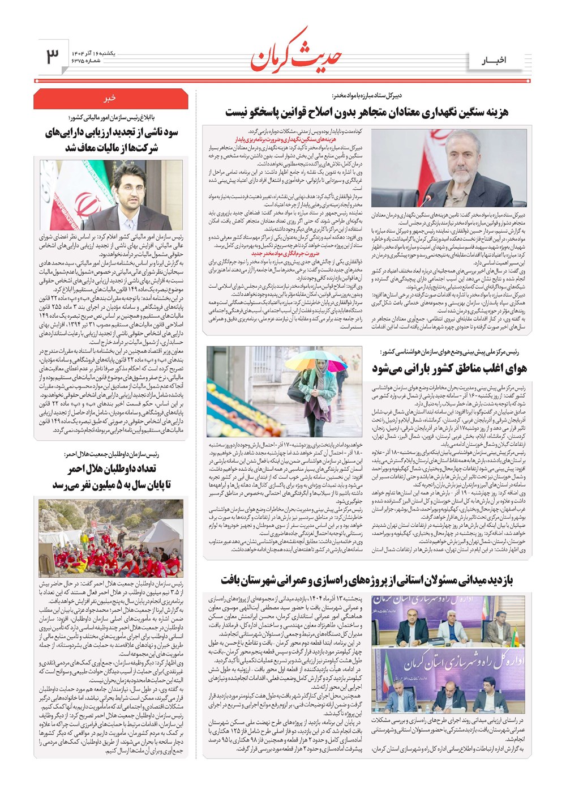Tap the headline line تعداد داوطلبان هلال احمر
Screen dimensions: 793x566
112,469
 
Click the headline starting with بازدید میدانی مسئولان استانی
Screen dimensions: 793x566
367,581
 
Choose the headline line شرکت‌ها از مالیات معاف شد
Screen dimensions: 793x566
112,148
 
